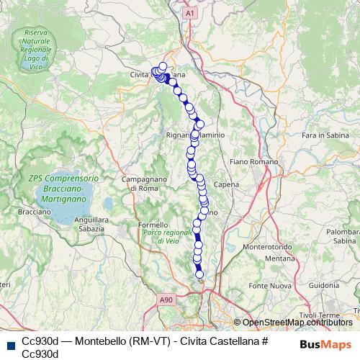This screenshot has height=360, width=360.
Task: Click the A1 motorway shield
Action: [x=189, y=13]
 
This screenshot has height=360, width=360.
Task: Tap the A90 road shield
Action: [x=167, y=299]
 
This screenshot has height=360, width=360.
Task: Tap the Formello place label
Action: [x=153, y=225]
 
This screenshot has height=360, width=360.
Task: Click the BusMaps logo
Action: [x=326, y=343]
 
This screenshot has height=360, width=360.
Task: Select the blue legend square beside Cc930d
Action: [x=9, y=343]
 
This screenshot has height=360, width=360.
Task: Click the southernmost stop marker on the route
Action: [x=199, y=274]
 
